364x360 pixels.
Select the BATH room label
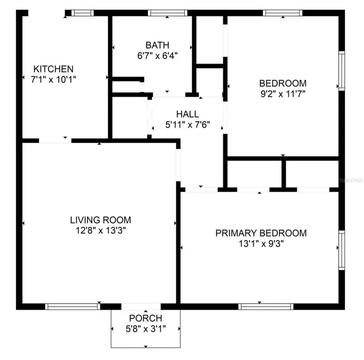(x=157, y=45)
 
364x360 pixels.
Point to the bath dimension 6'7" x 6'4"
(x=157, y=55)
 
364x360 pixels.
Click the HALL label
(x=188, y=114)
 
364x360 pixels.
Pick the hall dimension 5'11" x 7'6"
(x=188, y=125)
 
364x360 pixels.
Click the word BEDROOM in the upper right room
(x=283, y=83)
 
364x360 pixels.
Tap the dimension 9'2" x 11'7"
(x=283, y=94)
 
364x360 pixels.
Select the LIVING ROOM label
(x=100, y=219)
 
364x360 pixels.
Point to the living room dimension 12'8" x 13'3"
(x=100, y=230)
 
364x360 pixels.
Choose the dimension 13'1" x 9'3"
(x=261, y=244)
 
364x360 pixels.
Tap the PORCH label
(x=145, y=318)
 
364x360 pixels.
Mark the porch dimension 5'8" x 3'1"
(x=145, y=329)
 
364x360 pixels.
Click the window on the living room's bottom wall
(x=73, y=307)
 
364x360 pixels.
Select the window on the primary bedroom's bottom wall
(x=266, y=307)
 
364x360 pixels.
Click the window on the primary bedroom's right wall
(x=341, y=249)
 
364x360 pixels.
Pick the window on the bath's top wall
(x=167, y=13)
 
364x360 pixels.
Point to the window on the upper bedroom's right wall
(x=341, y=70)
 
